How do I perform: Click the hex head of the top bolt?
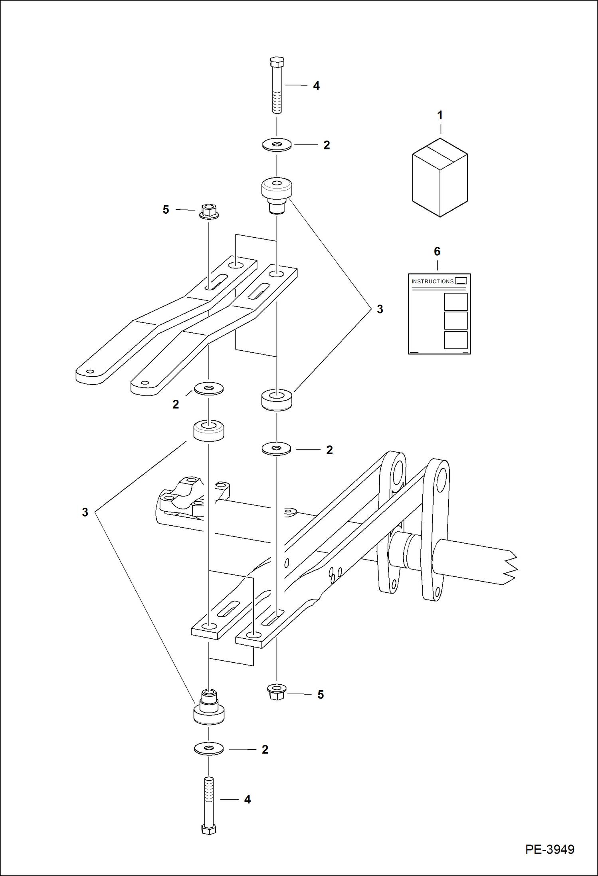click(277, 62)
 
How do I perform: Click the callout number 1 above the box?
click(440, 115)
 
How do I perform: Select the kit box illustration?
click(440, 178)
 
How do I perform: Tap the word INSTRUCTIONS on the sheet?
click(432, 281)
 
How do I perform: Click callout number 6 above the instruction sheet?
click(437, 252)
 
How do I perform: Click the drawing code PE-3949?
click(549, 849)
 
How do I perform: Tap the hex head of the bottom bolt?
click(208, 829)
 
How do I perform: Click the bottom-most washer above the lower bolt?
click(208, 749)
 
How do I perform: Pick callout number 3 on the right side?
click(380, 309)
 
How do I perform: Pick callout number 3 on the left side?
click(85, 512)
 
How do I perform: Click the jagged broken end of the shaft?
click(511, 567)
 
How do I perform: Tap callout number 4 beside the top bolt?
click(316, 86)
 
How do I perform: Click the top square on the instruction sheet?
click(455, 302)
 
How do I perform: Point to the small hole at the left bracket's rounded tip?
click(90, 371)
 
